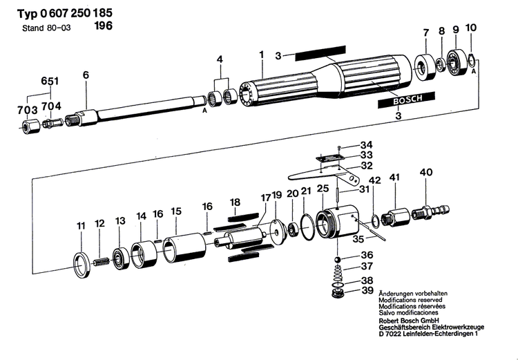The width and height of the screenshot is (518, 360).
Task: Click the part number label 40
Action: [x=426, y=172]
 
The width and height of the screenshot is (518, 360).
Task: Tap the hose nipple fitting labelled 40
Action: [x=430, y=209]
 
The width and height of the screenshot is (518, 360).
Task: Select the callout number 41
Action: [x=394, y=178]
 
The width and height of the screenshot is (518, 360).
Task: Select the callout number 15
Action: [x=176, y=211]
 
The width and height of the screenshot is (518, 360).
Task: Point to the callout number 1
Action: [x=262, y=54]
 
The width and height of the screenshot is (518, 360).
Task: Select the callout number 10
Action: [x=471, y=28]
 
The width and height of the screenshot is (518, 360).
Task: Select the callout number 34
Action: [x=366, y=144]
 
